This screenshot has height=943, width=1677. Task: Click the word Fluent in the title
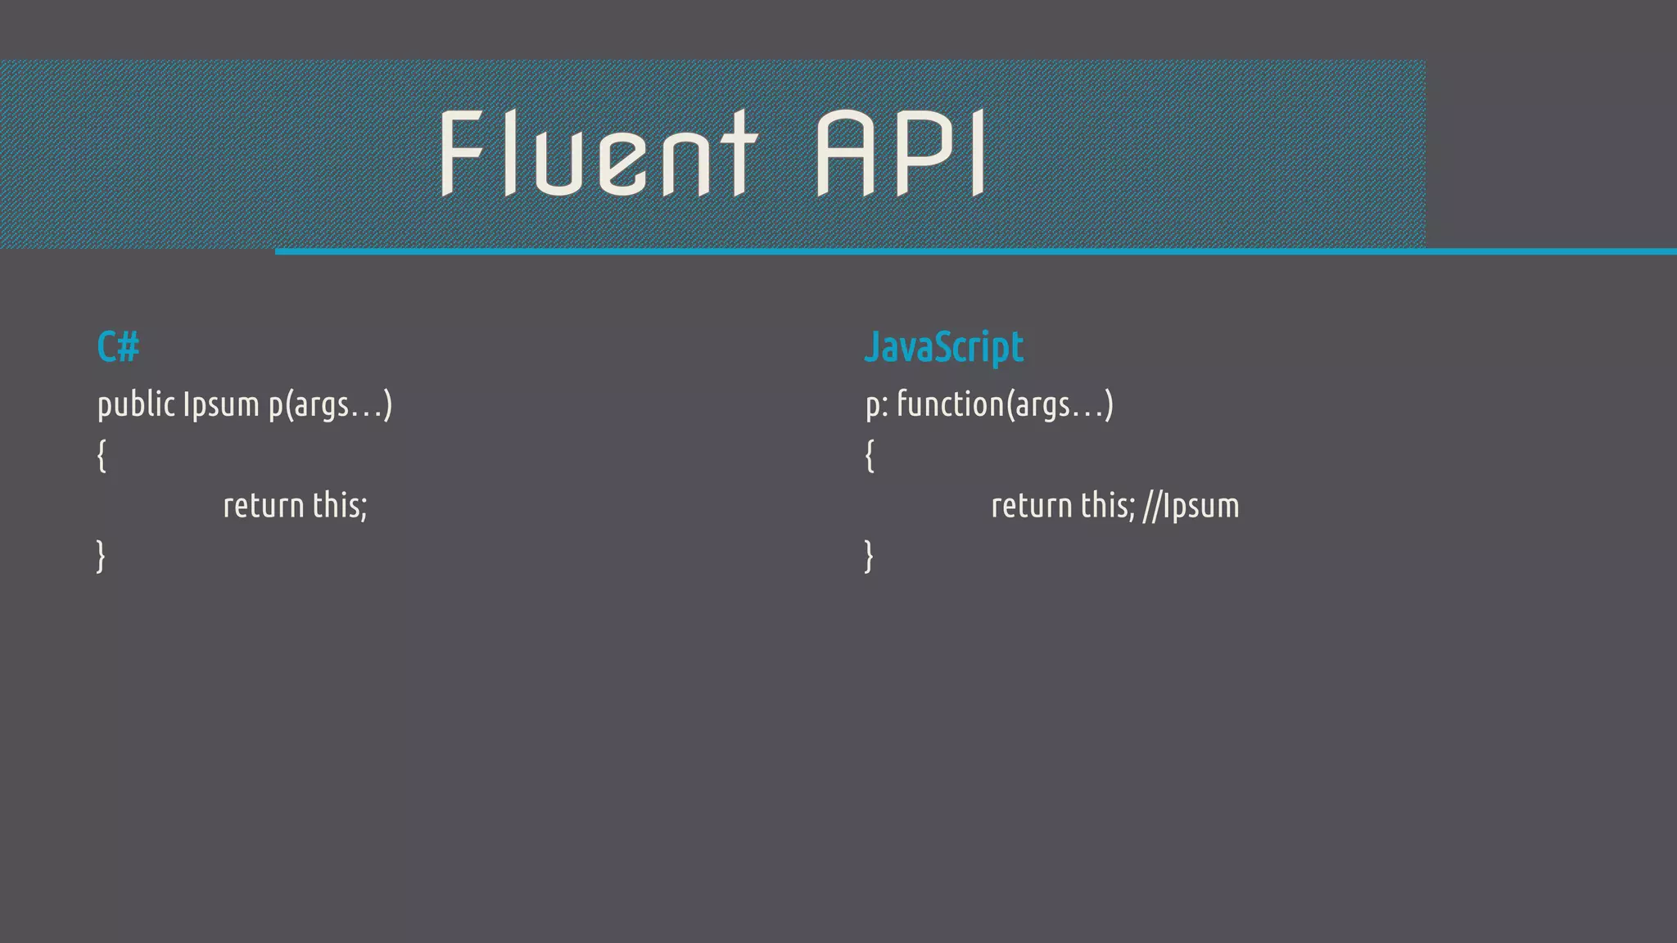tap(598, 154)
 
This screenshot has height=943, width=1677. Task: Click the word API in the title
tap(901, 154)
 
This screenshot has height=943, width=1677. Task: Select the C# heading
tap(118, 347)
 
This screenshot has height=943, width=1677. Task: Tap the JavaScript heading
tap(944, 348)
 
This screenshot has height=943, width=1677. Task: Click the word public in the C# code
tap(136, 404)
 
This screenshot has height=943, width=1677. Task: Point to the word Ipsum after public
tap(221, 404)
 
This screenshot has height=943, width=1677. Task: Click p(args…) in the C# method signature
tap(331, 405)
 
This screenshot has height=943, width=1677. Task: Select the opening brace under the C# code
tap(102, 455)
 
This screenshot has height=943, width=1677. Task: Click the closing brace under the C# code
tap(102, 556)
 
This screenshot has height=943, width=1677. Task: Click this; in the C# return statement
tap(340, 506)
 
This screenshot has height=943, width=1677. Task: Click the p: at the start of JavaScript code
tap(876, 405)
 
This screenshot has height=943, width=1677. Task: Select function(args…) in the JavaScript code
tap(1005, 405)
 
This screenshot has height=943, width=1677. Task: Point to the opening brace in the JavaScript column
tap(870, 455)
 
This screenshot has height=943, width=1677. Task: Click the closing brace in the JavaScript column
tap(870, 556)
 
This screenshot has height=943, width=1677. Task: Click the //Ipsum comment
tap(1191, 506)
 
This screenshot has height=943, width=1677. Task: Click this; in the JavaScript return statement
tap(1108, 506)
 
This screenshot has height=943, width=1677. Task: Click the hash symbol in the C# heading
tap(129, 347)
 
